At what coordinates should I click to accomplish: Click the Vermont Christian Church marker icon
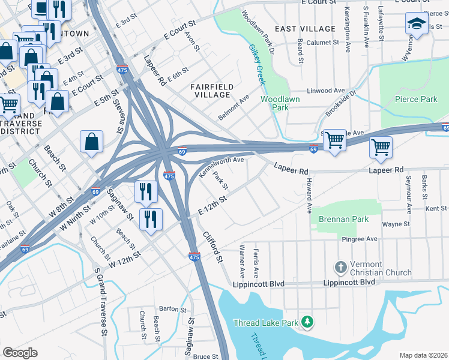(x=340, y=266)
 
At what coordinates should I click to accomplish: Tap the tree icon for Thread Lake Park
(x=307, y=323)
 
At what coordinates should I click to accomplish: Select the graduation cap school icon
(x=417, y=25)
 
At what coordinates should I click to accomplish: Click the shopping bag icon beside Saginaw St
(x=92, y=142)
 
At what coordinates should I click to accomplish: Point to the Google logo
(x=20, y=353)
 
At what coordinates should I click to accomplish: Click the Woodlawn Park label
(x=275, y=103)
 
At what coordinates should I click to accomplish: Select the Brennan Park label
(x=344, y=220)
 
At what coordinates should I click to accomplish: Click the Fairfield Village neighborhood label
(x=211, y=91)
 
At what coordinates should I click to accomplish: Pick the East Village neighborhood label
(x=305, y=29)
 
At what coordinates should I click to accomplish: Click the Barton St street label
(x=174, y=309)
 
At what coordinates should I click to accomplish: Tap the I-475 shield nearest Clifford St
(x=193, y=256)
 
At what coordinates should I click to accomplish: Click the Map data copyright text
(x=423, y=355)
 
